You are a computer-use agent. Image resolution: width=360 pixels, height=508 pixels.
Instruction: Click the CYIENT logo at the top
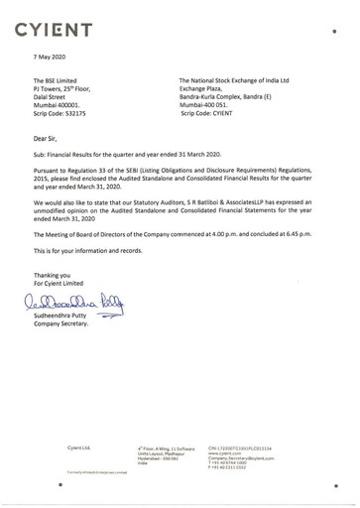(x=60, y=23)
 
